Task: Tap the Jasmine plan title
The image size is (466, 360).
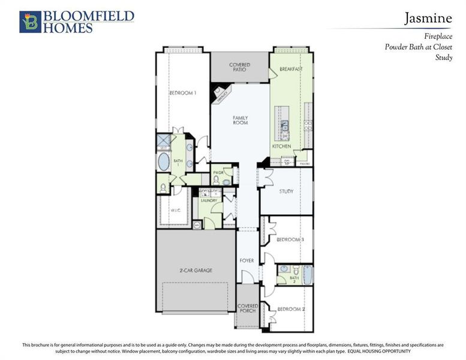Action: click(428, 19)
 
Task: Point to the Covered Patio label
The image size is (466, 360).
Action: click(239, 67)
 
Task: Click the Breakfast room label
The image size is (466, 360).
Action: click(291, 70)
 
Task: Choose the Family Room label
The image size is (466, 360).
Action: click(240, 120)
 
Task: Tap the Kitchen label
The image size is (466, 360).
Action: click(282, 146)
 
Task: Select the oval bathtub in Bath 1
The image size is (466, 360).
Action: click(164, 162)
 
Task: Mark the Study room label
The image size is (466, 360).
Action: click(286, 192)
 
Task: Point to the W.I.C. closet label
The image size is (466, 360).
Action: click(175, 211)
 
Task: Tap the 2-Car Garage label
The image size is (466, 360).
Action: click(196, 271)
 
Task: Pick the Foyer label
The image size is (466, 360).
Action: click(246, 261)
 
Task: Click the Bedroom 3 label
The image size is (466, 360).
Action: click(290, 240)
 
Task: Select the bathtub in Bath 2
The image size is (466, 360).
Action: click(308, 274)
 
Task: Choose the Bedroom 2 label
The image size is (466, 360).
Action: click(291, 309)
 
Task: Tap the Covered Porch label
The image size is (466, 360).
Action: click(248, 308)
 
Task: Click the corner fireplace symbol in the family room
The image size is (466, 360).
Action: click(221, 92)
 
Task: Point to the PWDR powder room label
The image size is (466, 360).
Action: click(218, 173)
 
